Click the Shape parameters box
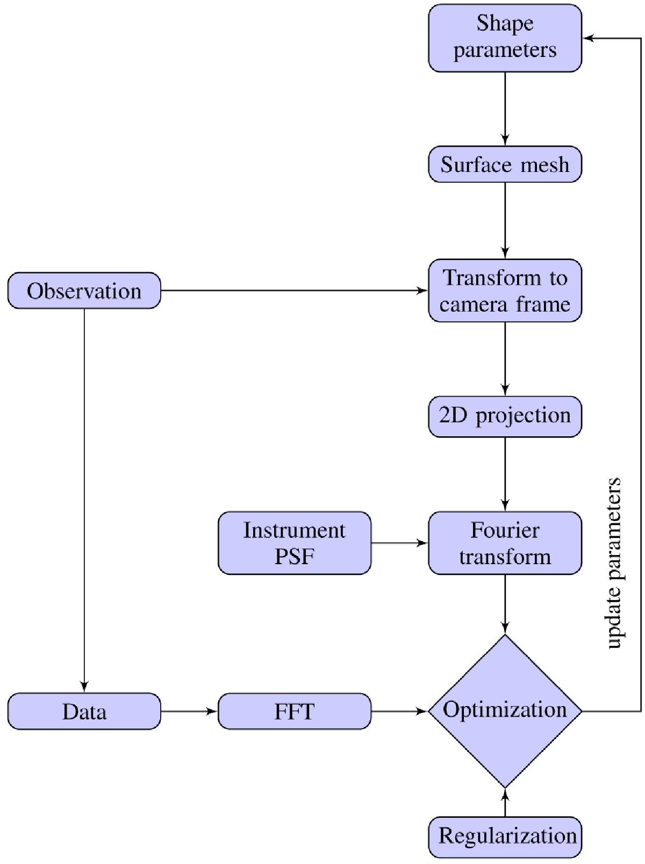(x=505, y=38)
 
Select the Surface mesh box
(x=505, y=164)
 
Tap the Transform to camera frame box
(x=505, y=291)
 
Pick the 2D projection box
(x=505, y=416)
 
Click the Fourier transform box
(x=505, y=543)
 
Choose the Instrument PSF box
(x=294, y=543)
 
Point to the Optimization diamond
(x=505, y=711)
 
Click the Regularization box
(x=505, y=837)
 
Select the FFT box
(x=294, y=711)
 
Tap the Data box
(x=84, y=711)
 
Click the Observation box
(x=84, y=291)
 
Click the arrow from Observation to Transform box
(x=294, y=291)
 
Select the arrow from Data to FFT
(x=189, y=711)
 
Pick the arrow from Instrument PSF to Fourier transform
(x=399, y=543)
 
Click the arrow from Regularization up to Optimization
(x=505, y=802)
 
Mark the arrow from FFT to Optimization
(x=399, y=711)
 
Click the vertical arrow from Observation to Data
(x=84, y=500)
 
